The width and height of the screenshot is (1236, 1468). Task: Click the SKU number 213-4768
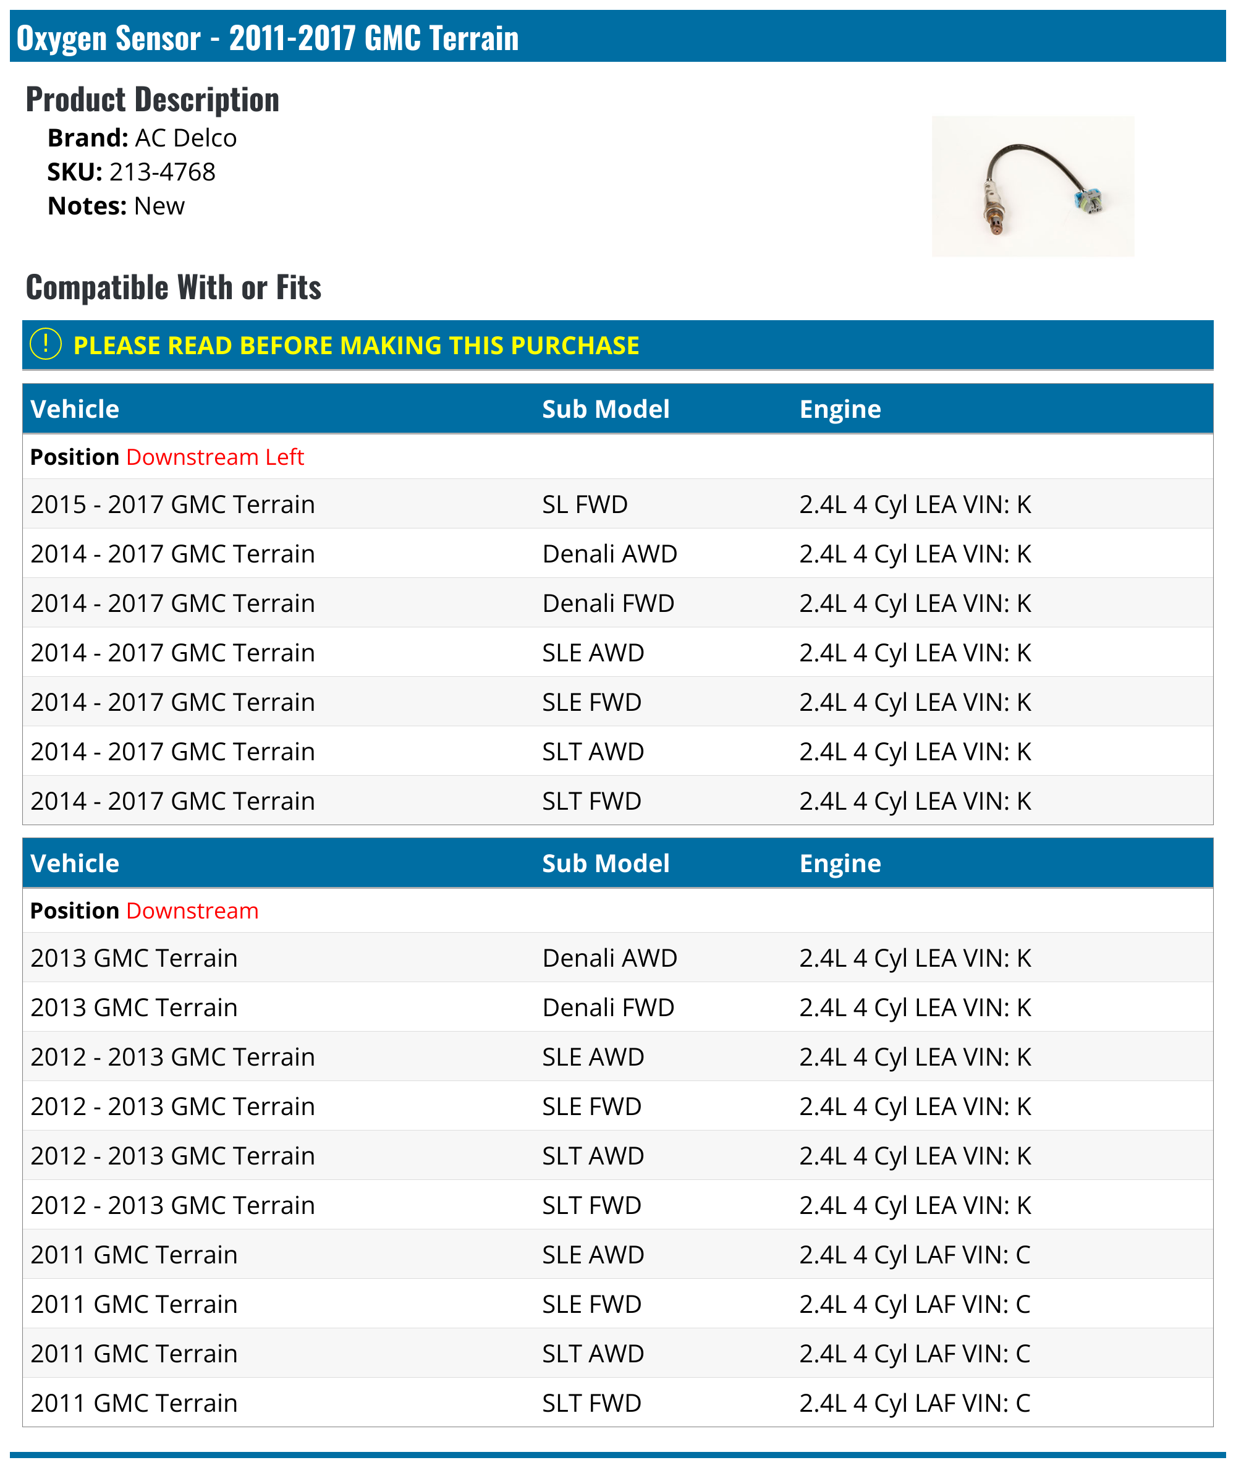(162, 172)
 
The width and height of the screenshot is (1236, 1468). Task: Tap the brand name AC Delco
(185, 138)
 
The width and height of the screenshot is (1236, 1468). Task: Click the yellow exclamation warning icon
(46, 344)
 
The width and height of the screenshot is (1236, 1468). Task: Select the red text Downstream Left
(214, 457)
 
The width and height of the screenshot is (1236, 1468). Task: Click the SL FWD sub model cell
(585, 504)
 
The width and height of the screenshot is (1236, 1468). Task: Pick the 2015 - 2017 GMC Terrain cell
(172, 504)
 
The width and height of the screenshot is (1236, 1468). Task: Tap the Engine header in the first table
(839, 409)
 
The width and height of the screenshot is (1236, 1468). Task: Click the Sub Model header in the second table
(606, 863)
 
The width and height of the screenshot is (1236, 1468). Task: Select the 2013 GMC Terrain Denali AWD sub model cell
(609, 958)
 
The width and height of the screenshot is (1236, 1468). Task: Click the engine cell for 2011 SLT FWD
(915, 1403)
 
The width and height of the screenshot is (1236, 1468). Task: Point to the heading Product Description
(152, 100)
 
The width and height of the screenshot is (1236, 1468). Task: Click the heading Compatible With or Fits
(173, 287)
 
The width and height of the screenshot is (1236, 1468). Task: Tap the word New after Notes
(159, 206)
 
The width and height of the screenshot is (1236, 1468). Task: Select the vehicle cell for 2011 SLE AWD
(134, 1254)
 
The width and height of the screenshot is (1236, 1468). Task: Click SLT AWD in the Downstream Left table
(593, 751)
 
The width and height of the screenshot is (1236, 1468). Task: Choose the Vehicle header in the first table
(75, 409)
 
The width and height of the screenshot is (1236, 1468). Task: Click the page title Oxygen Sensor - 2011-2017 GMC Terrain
(267, 38)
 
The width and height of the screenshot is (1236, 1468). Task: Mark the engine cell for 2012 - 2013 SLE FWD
(915, 1106)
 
